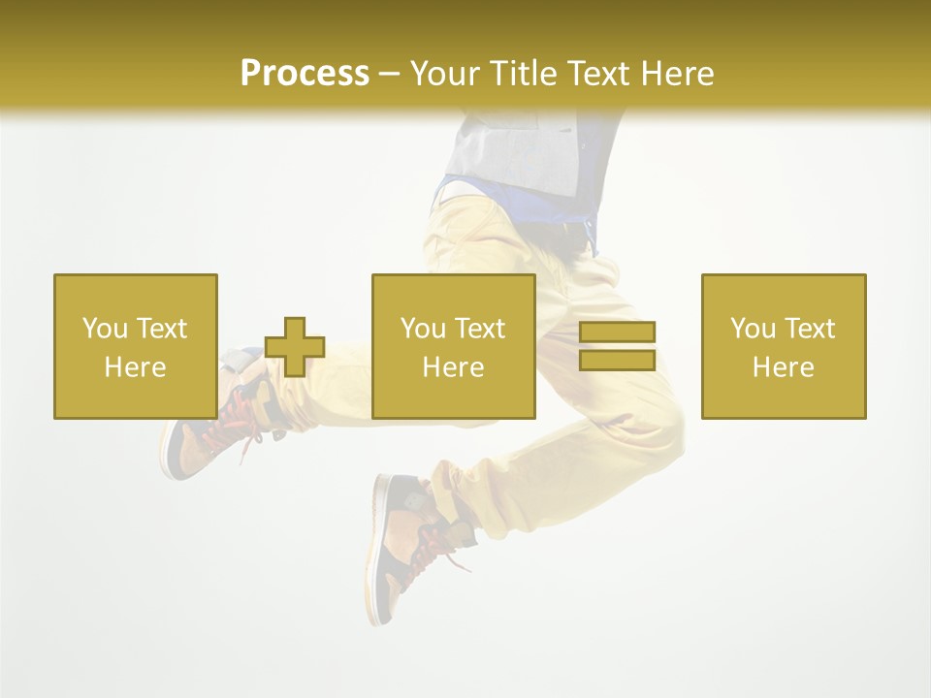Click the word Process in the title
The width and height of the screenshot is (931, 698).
(305, 73)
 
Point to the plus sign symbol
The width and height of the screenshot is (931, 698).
(295, 347)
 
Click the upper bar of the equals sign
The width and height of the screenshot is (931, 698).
(618, 333)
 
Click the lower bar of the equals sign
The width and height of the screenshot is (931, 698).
(618, 361)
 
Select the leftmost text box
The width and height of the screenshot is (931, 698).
(136, 346)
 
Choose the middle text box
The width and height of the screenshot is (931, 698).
(454, 346)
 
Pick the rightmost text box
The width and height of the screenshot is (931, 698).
(784, 346)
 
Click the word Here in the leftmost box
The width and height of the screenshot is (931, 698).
(136, 367)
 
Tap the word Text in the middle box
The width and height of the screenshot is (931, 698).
(480, 329)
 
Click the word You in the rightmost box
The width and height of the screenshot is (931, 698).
(753, 329)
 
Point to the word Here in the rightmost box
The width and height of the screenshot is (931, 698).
(784, 367)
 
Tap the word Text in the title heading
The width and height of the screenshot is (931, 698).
(598, 74)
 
